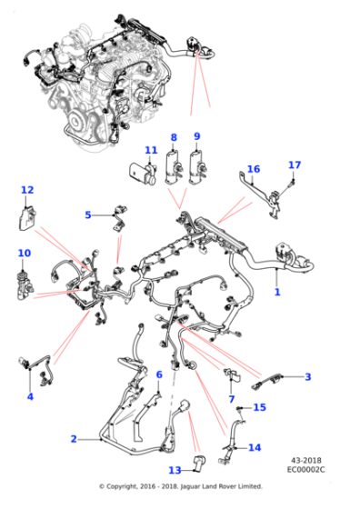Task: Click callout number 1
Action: [x=277, y=293]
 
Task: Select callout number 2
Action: [x=74, y=439]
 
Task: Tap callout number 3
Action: [x=307, y=376]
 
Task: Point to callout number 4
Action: [x=30, y=396]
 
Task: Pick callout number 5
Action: [x=88, y=215]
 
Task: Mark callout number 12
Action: [x=27, y=191]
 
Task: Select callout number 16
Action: [x=254, y=169]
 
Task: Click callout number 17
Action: [x=294, y=165]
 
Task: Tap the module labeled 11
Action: [x=141, y=170]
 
